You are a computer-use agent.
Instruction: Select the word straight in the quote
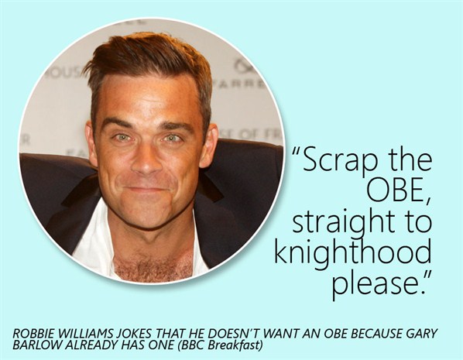point(343,222)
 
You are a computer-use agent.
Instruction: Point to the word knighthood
point(353,252)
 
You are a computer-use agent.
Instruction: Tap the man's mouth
point(147,189)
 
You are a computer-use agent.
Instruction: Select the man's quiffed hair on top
point(148,59)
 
